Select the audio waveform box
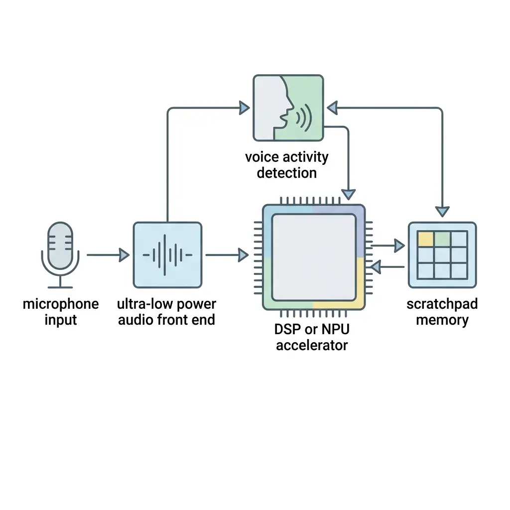[x=167, y=255]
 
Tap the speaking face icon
[x=288, y=108]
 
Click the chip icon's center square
[x=314, y=257]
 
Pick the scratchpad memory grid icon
[x=442, y=255]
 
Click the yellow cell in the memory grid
[x=425, y=239]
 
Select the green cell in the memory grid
[x=442, y=239]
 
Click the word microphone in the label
[x=61, y=304]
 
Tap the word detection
[x=286, y=173]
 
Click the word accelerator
[x=312, y=345]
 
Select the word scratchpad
[x=442, y=304]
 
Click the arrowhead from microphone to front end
[x=124, y=255]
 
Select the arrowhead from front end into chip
[x=243, y=255]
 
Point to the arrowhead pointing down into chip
[x=349, y=194]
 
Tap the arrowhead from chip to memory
[x=399, y=245]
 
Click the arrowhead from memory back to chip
[x=376, y=267]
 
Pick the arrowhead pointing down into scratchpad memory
[x=442, y=211]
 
